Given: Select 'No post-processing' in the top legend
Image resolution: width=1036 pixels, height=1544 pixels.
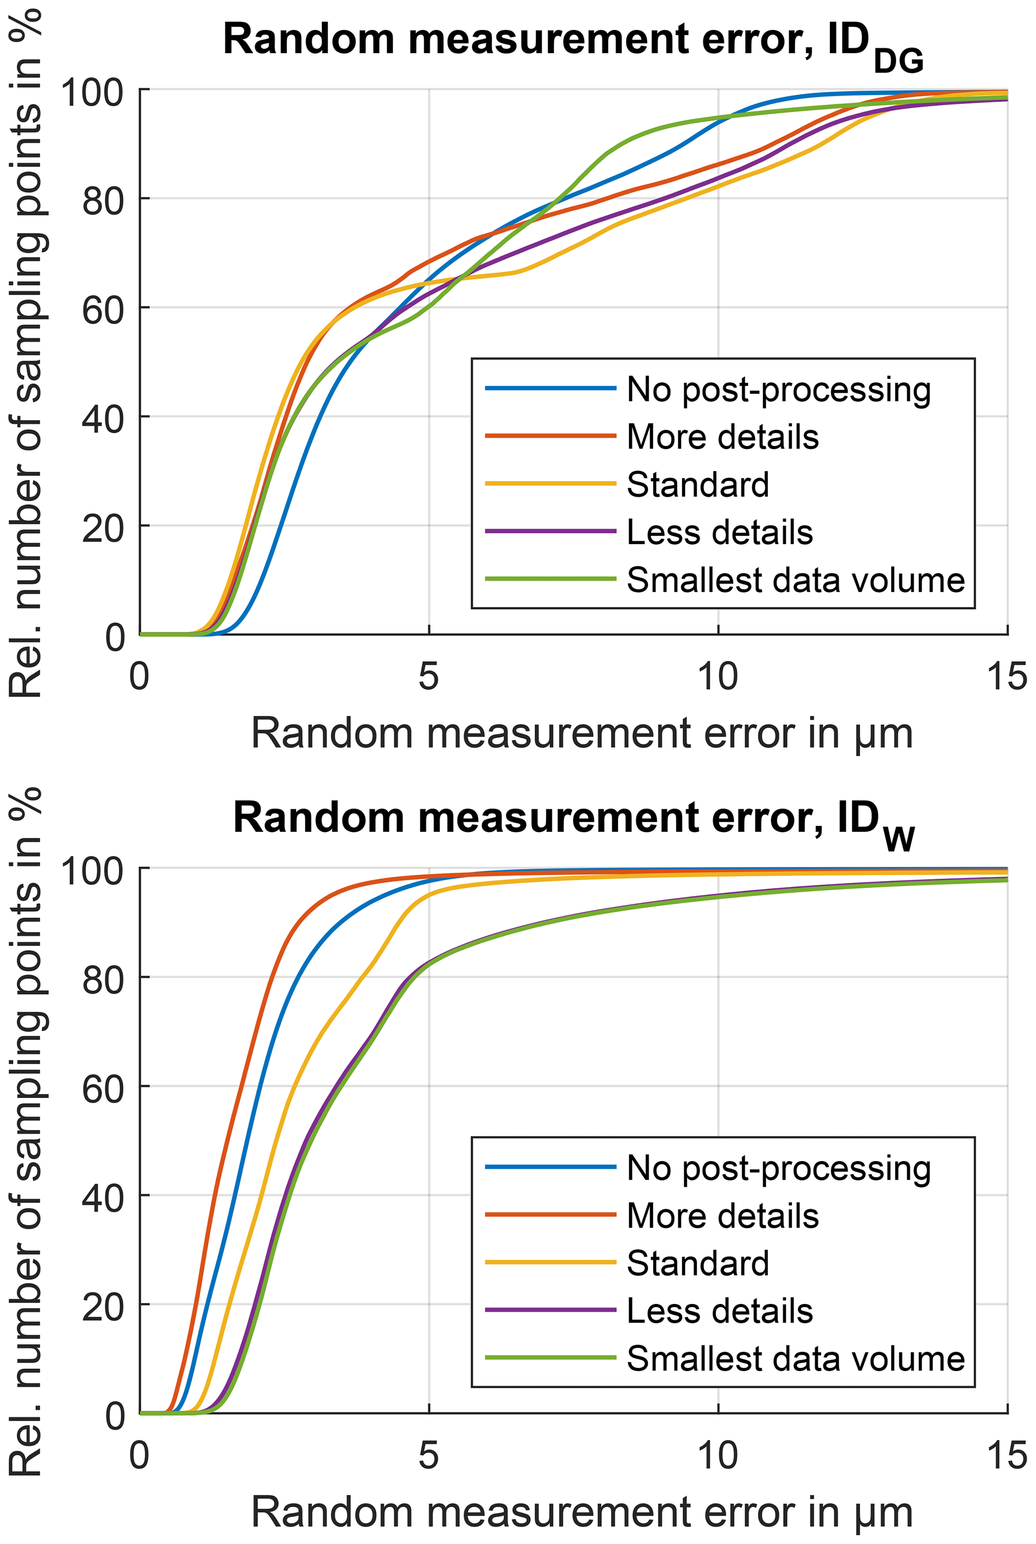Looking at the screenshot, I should point(778,390).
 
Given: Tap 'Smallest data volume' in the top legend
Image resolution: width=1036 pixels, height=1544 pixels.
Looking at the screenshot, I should point(795,580).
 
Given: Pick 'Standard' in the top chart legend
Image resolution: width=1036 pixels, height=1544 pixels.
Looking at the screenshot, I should point(698,485).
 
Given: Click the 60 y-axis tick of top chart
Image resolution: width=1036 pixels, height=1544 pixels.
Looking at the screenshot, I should point(102,309).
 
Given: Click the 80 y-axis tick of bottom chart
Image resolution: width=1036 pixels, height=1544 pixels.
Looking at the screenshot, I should point(102,980).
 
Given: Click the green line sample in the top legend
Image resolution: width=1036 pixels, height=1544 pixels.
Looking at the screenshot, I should point(550,579).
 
